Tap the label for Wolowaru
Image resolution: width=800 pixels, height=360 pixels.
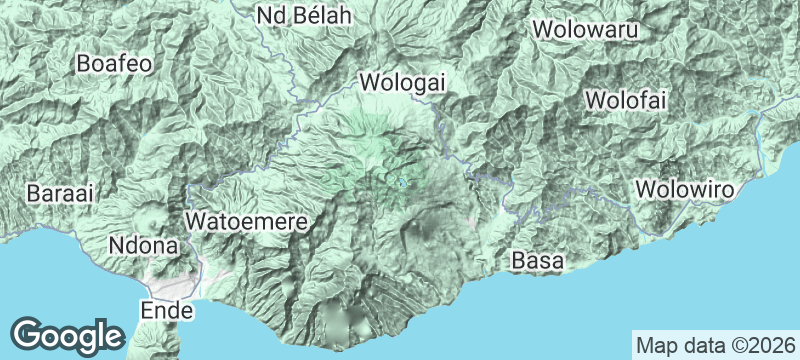(586, 30)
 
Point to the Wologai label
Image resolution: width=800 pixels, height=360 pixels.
(402, 82)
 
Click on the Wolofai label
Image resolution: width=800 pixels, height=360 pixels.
(625, 101)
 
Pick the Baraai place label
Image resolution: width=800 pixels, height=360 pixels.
(61, 194)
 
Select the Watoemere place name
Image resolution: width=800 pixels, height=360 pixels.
(246, 219)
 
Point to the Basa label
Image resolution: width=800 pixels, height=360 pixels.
(537, 261)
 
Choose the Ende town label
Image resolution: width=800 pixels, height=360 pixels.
(166, 311)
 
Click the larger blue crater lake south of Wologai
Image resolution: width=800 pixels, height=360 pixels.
(402, 182)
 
